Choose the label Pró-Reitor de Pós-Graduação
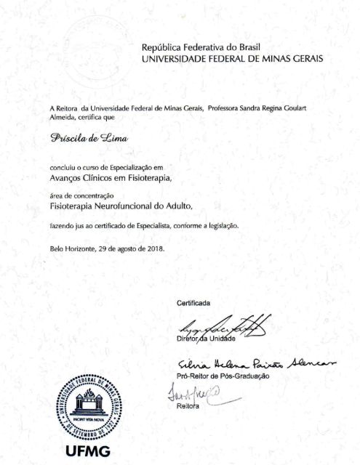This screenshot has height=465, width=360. click(x=223, y=376)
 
